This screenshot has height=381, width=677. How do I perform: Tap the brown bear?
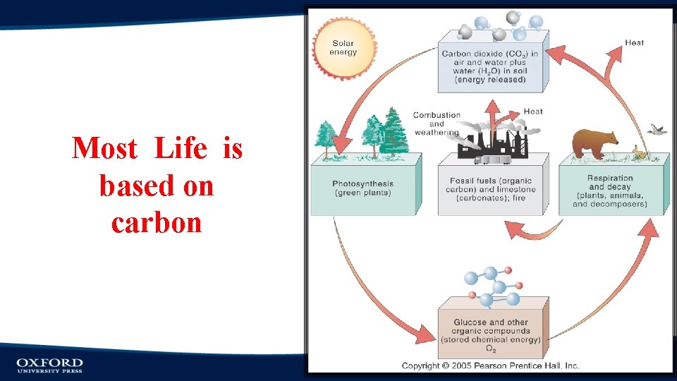[594, 143]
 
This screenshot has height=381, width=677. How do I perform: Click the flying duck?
[659, 130]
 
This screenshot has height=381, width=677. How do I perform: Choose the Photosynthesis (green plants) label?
[362, 188]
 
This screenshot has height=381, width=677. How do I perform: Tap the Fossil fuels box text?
[492, 189]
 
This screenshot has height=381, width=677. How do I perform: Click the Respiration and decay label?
[610, 191]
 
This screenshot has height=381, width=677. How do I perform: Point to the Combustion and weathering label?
[437, 123]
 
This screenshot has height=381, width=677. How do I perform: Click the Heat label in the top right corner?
[634, 43]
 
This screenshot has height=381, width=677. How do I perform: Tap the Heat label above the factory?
[533, 111]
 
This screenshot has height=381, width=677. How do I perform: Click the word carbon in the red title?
[157, 223]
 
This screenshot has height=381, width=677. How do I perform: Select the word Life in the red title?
[181, 149]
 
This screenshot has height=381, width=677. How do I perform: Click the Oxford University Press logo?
[49, 365]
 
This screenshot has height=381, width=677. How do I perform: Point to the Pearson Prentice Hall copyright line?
[490, 365]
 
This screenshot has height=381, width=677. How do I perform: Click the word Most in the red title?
[104, 149]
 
